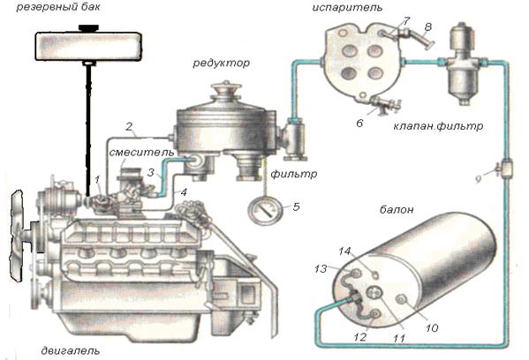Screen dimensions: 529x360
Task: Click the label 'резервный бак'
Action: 58,7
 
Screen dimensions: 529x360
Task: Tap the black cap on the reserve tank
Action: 88,27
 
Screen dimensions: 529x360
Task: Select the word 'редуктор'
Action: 222,63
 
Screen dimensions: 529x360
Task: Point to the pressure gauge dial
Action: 265,211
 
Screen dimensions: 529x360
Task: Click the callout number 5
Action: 296,206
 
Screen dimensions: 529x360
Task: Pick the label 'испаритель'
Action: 347,7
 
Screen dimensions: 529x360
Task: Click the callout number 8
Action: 427,26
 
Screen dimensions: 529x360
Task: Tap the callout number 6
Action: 359,123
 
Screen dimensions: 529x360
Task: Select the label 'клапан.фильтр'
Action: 438,126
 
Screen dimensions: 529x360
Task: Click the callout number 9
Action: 478,179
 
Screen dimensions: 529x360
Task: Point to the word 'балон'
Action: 397,210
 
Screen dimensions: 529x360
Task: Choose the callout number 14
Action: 344,251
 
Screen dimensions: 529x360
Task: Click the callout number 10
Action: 432,327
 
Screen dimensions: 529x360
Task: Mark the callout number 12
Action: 359,337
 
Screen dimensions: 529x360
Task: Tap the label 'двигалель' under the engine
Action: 71,350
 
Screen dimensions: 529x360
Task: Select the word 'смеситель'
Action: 141,153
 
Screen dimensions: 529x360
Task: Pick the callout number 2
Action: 129,127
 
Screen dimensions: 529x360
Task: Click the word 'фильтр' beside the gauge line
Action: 293,174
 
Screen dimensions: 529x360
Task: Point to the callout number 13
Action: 321,269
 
